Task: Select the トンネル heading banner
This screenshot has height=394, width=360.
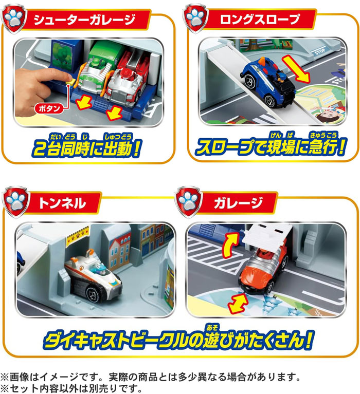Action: click(x=63, y=202)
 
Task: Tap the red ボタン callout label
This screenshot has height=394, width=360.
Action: click(x=49, y=108)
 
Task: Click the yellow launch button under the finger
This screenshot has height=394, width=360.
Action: click(x=70, y=82)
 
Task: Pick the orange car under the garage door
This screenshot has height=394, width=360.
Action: click(x=264, y=270)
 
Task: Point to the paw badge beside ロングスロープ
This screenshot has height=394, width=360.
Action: click(x=195, y=18)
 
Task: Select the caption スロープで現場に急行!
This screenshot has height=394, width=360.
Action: click(x=271, y=146)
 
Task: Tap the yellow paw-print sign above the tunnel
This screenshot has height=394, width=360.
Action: click(x=78, y=236)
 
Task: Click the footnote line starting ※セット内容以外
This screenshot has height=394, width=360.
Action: click(x=71, y=388)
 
